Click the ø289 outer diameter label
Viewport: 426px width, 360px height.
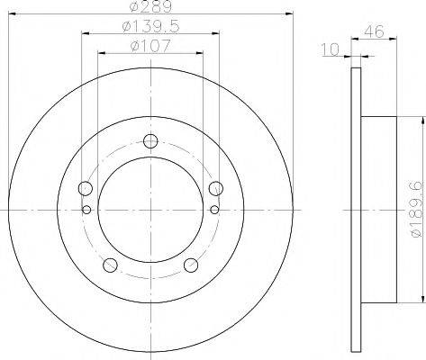tap(150, 7)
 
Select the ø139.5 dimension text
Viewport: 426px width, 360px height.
tap(150, 27)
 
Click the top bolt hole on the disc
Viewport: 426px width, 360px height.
tap(150, 140)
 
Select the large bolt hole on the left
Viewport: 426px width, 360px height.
tap(86, 188)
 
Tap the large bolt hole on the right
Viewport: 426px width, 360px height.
tap(215, 188)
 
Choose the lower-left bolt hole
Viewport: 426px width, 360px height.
tap(111, 264)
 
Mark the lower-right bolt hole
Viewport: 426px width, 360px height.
tap(191, 264)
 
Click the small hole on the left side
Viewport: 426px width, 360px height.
tap(86, 210)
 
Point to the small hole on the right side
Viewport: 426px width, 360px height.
tap(215, 210)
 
